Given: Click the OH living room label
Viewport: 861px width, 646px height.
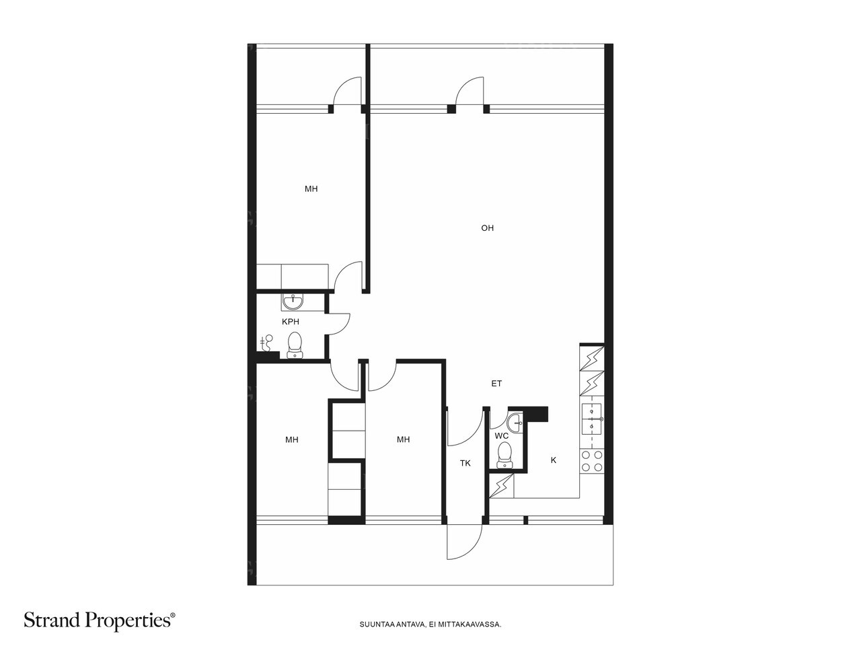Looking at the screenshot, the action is pyautogui.click(x=487, y=228).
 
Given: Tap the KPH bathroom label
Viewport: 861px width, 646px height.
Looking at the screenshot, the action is pyautogui.click(x=291, y=322).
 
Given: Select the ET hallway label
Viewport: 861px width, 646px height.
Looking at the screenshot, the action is pyautogui.click(x=496, y=384).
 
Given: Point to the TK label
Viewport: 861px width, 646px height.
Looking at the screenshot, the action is pyautogui.click(x=465, y=463).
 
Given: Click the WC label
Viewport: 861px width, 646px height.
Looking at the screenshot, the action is pyautogui.click(x=501, y=436).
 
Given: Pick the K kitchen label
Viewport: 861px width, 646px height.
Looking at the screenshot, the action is pyautogui.click(x=554, y=460).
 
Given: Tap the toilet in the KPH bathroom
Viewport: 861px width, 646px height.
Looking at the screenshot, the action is pyautogui.click(x=295, y=345).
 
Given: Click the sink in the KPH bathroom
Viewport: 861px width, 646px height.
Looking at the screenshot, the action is pyautogui.click(x=293, y=302).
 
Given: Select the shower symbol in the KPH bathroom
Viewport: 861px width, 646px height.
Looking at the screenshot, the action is pyautogui.click(x=267, y=343).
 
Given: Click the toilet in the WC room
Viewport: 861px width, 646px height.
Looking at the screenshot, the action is pyautogui.click(x=504, y=455).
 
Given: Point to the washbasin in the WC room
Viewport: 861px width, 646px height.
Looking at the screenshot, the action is pyautogui.click(x=515, y=423).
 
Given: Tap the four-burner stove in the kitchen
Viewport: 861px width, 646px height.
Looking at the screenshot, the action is pyautogui.click(x=592, y=461).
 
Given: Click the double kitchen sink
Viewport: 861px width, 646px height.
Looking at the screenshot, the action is pyautogui.click(x=592, y=419).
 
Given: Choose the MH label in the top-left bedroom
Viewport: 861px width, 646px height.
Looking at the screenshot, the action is pyautogui.click(x=311, y=189).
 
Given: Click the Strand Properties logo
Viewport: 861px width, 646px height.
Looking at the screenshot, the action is pyautogui.click(x=100, y=620).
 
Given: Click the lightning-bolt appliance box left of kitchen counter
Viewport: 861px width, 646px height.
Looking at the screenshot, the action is pyautogui.click(x=501, y=486).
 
